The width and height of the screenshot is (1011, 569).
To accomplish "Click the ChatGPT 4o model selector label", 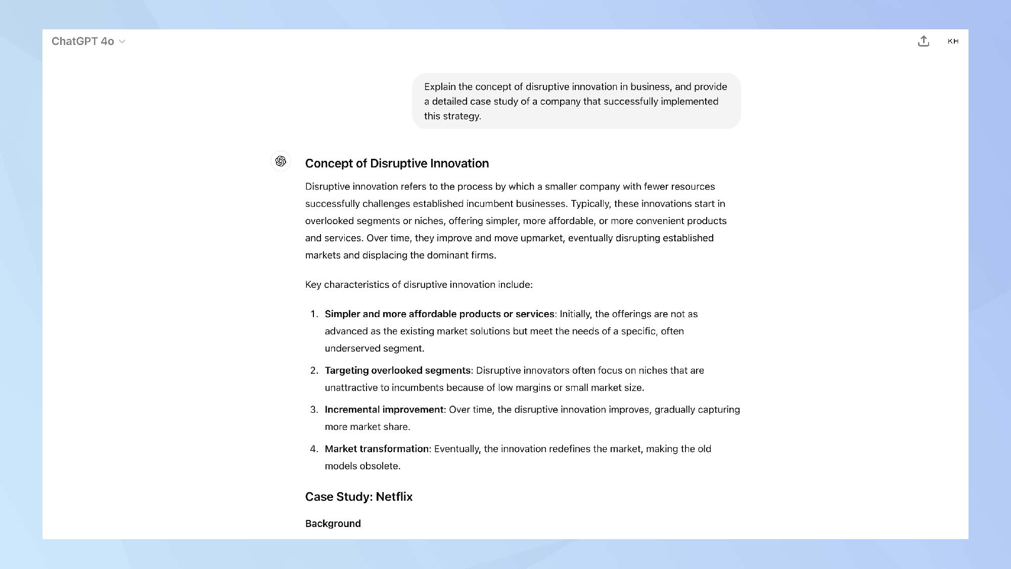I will (x=82, y=41).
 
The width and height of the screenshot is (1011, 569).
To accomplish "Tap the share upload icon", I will (x=924, y=41).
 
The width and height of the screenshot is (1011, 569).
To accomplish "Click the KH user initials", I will (x=953, y=41).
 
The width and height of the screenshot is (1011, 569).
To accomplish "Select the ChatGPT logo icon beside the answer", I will (x=281, y=161).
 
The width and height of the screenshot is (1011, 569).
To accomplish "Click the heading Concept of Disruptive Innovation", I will (x=397, y=163).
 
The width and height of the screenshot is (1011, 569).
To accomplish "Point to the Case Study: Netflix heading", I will (x=358, y=497).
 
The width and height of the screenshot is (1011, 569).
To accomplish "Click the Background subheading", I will (x=333, y=523).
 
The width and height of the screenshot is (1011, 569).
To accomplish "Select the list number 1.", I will (x=313, y=314).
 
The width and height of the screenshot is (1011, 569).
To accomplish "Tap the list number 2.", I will (x=313, y=371).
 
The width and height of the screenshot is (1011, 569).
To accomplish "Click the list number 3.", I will (x=313, y=410).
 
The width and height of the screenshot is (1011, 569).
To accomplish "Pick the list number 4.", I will (x=313, y=449).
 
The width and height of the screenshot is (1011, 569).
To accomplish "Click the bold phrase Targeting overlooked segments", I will (x=397, y=371).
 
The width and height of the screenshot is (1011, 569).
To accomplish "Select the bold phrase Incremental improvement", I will (x=384, y=410).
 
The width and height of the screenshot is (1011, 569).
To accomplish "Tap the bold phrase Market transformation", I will (x=377, y=449).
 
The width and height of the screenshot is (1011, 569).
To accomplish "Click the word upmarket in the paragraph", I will (x=541, y=238).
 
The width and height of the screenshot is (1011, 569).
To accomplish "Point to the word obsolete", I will (x=379, y=466).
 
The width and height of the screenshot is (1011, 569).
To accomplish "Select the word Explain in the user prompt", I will (x=440, y=87).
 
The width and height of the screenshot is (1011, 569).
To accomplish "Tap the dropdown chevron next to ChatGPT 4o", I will (x=122, y=41).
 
